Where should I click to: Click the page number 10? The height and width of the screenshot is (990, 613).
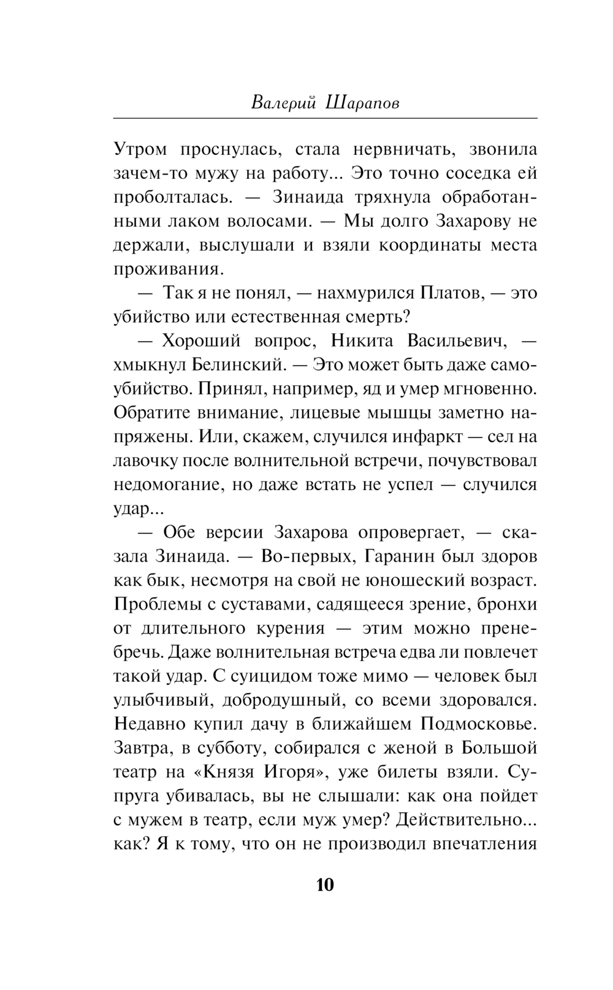(x=325, y=885)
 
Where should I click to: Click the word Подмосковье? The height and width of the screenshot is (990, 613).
(x=479, y=724)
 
